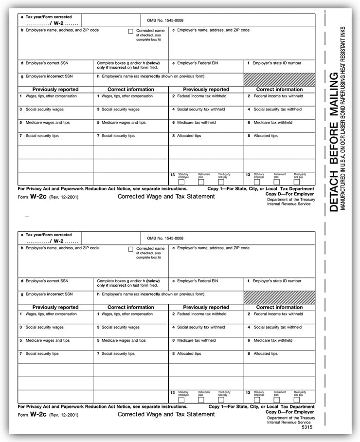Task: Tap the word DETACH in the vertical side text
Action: [x=334, y=190]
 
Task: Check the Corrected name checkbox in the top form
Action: [x=130, y=31]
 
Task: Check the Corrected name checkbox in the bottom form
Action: [x=130, y=249]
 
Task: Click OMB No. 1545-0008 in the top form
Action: [x=165, y=20]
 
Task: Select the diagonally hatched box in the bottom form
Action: [x=279, y=297]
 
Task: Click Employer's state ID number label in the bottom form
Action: [x=276, y=281]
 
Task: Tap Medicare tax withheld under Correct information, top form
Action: [x=272, y=123]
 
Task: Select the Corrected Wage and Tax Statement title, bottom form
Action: [x=166, y=414]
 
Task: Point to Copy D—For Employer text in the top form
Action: [x=290, y=194]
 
